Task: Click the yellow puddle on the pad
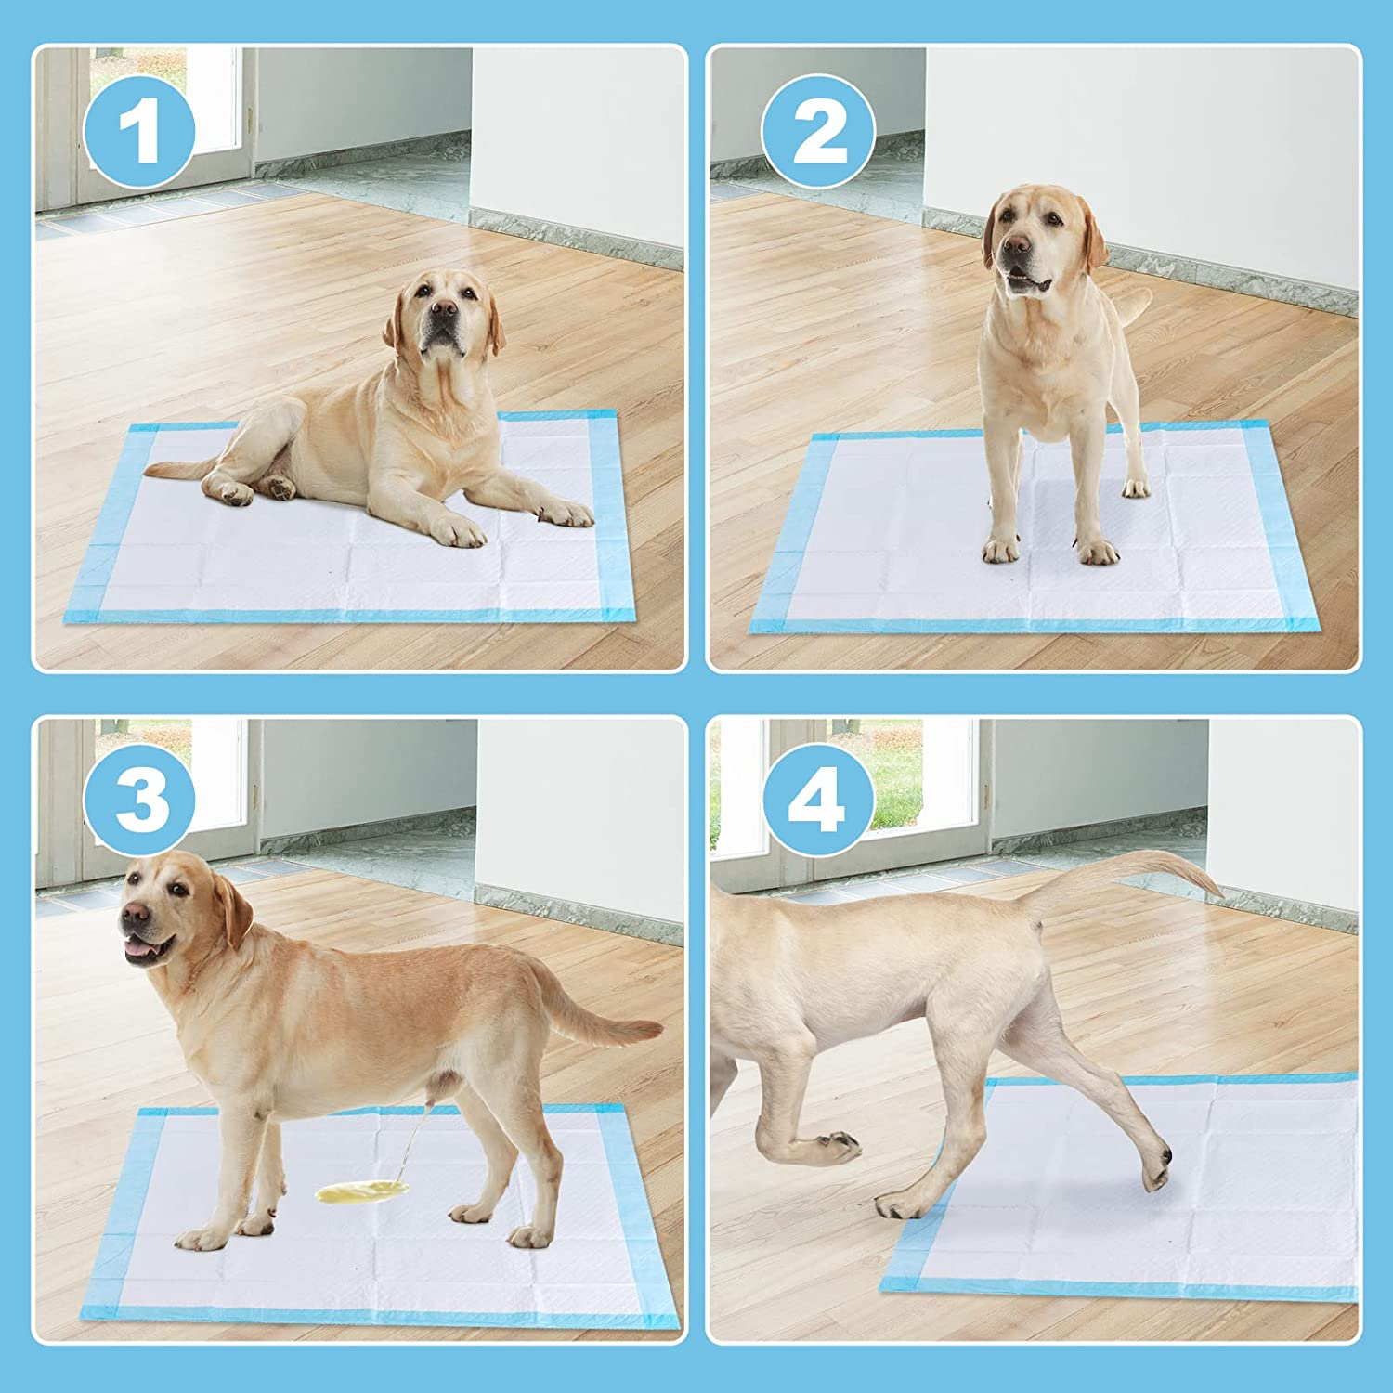coord(362,1191)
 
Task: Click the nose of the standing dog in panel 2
coord(1017,245)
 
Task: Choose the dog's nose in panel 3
coord(135,915)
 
